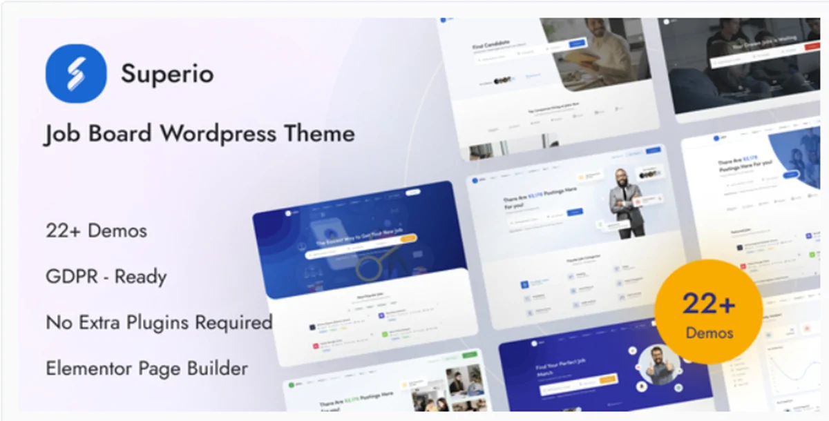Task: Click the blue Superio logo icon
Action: pos(76,73)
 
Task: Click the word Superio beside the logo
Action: pos(166,74)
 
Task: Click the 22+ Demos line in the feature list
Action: pos(96,231)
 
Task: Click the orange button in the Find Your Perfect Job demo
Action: pos(609,379)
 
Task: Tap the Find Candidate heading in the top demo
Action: pos(491,47)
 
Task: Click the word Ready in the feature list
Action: pos(140,277)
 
